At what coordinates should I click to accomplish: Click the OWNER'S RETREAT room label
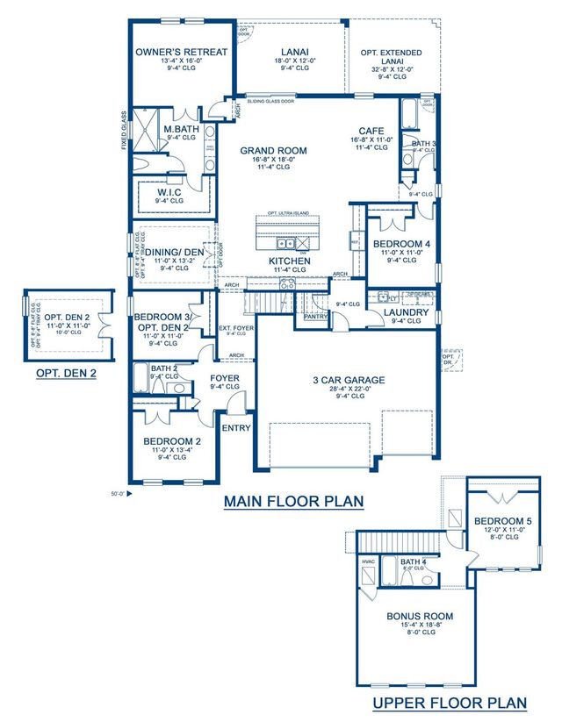pos(182,52)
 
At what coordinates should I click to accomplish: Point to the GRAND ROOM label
pos(274,151)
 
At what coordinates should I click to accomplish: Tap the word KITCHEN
pos(289,261)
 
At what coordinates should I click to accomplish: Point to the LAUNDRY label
pos(406,312)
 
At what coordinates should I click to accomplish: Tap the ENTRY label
pos(236,428)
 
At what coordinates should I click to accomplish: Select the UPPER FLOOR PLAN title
pos(450,702)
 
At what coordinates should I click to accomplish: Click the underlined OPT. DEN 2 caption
pos(66,373)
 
